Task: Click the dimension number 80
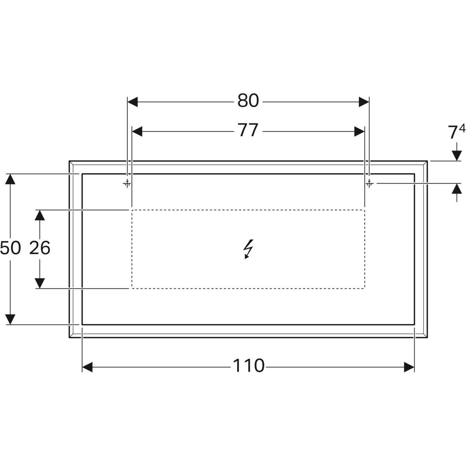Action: click(248, 101)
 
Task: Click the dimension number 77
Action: click(248, 130)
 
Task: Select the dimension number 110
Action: click(249, 366)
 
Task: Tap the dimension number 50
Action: click(10, 248)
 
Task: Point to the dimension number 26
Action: click(40, 248)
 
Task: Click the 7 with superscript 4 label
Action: click(457, 132)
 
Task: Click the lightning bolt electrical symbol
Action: click(248, 249)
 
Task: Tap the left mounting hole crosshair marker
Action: click(127, 183)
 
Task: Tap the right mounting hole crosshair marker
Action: click(369, 183)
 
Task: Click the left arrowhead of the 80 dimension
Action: click(132, 102)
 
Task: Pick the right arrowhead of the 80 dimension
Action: click(364, 102)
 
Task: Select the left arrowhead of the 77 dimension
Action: click(137, 132)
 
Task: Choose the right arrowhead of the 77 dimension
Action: click(359, 132)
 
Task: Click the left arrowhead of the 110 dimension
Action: click(87, 367)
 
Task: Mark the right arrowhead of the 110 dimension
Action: click(409, 367)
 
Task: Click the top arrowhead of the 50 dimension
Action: click(10, 179)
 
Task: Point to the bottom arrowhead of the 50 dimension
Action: click(10, 319)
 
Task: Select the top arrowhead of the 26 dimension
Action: click(40, 215)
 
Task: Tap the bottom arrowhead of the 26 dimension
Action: click(40, 283)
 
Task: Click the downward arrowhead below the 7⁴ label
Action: click(457, 155)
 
